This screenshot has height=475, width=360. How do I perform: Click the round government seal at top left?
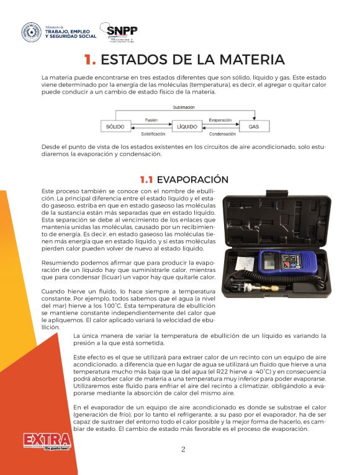(x=31, y=32)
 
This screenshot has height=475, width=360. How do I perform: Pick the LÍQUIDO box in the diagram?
(x=187, y=126)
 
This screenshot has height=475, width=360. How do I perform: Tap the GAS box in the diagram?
(x=254, y=126)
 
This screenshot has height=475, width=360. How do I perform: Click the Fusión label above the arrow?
(x=151, y=120)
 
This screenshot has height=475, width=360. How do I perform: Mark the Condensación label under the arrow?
(x=222, y=133)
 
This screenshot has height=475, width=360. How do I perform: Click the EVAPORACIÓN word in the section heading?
(x=192, y=179)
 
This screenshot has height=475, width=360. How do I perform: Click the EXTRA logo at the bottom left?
(x=47, y=441)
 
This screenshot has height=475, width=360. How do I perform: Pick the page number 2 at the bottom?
(x=182, y=450)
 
